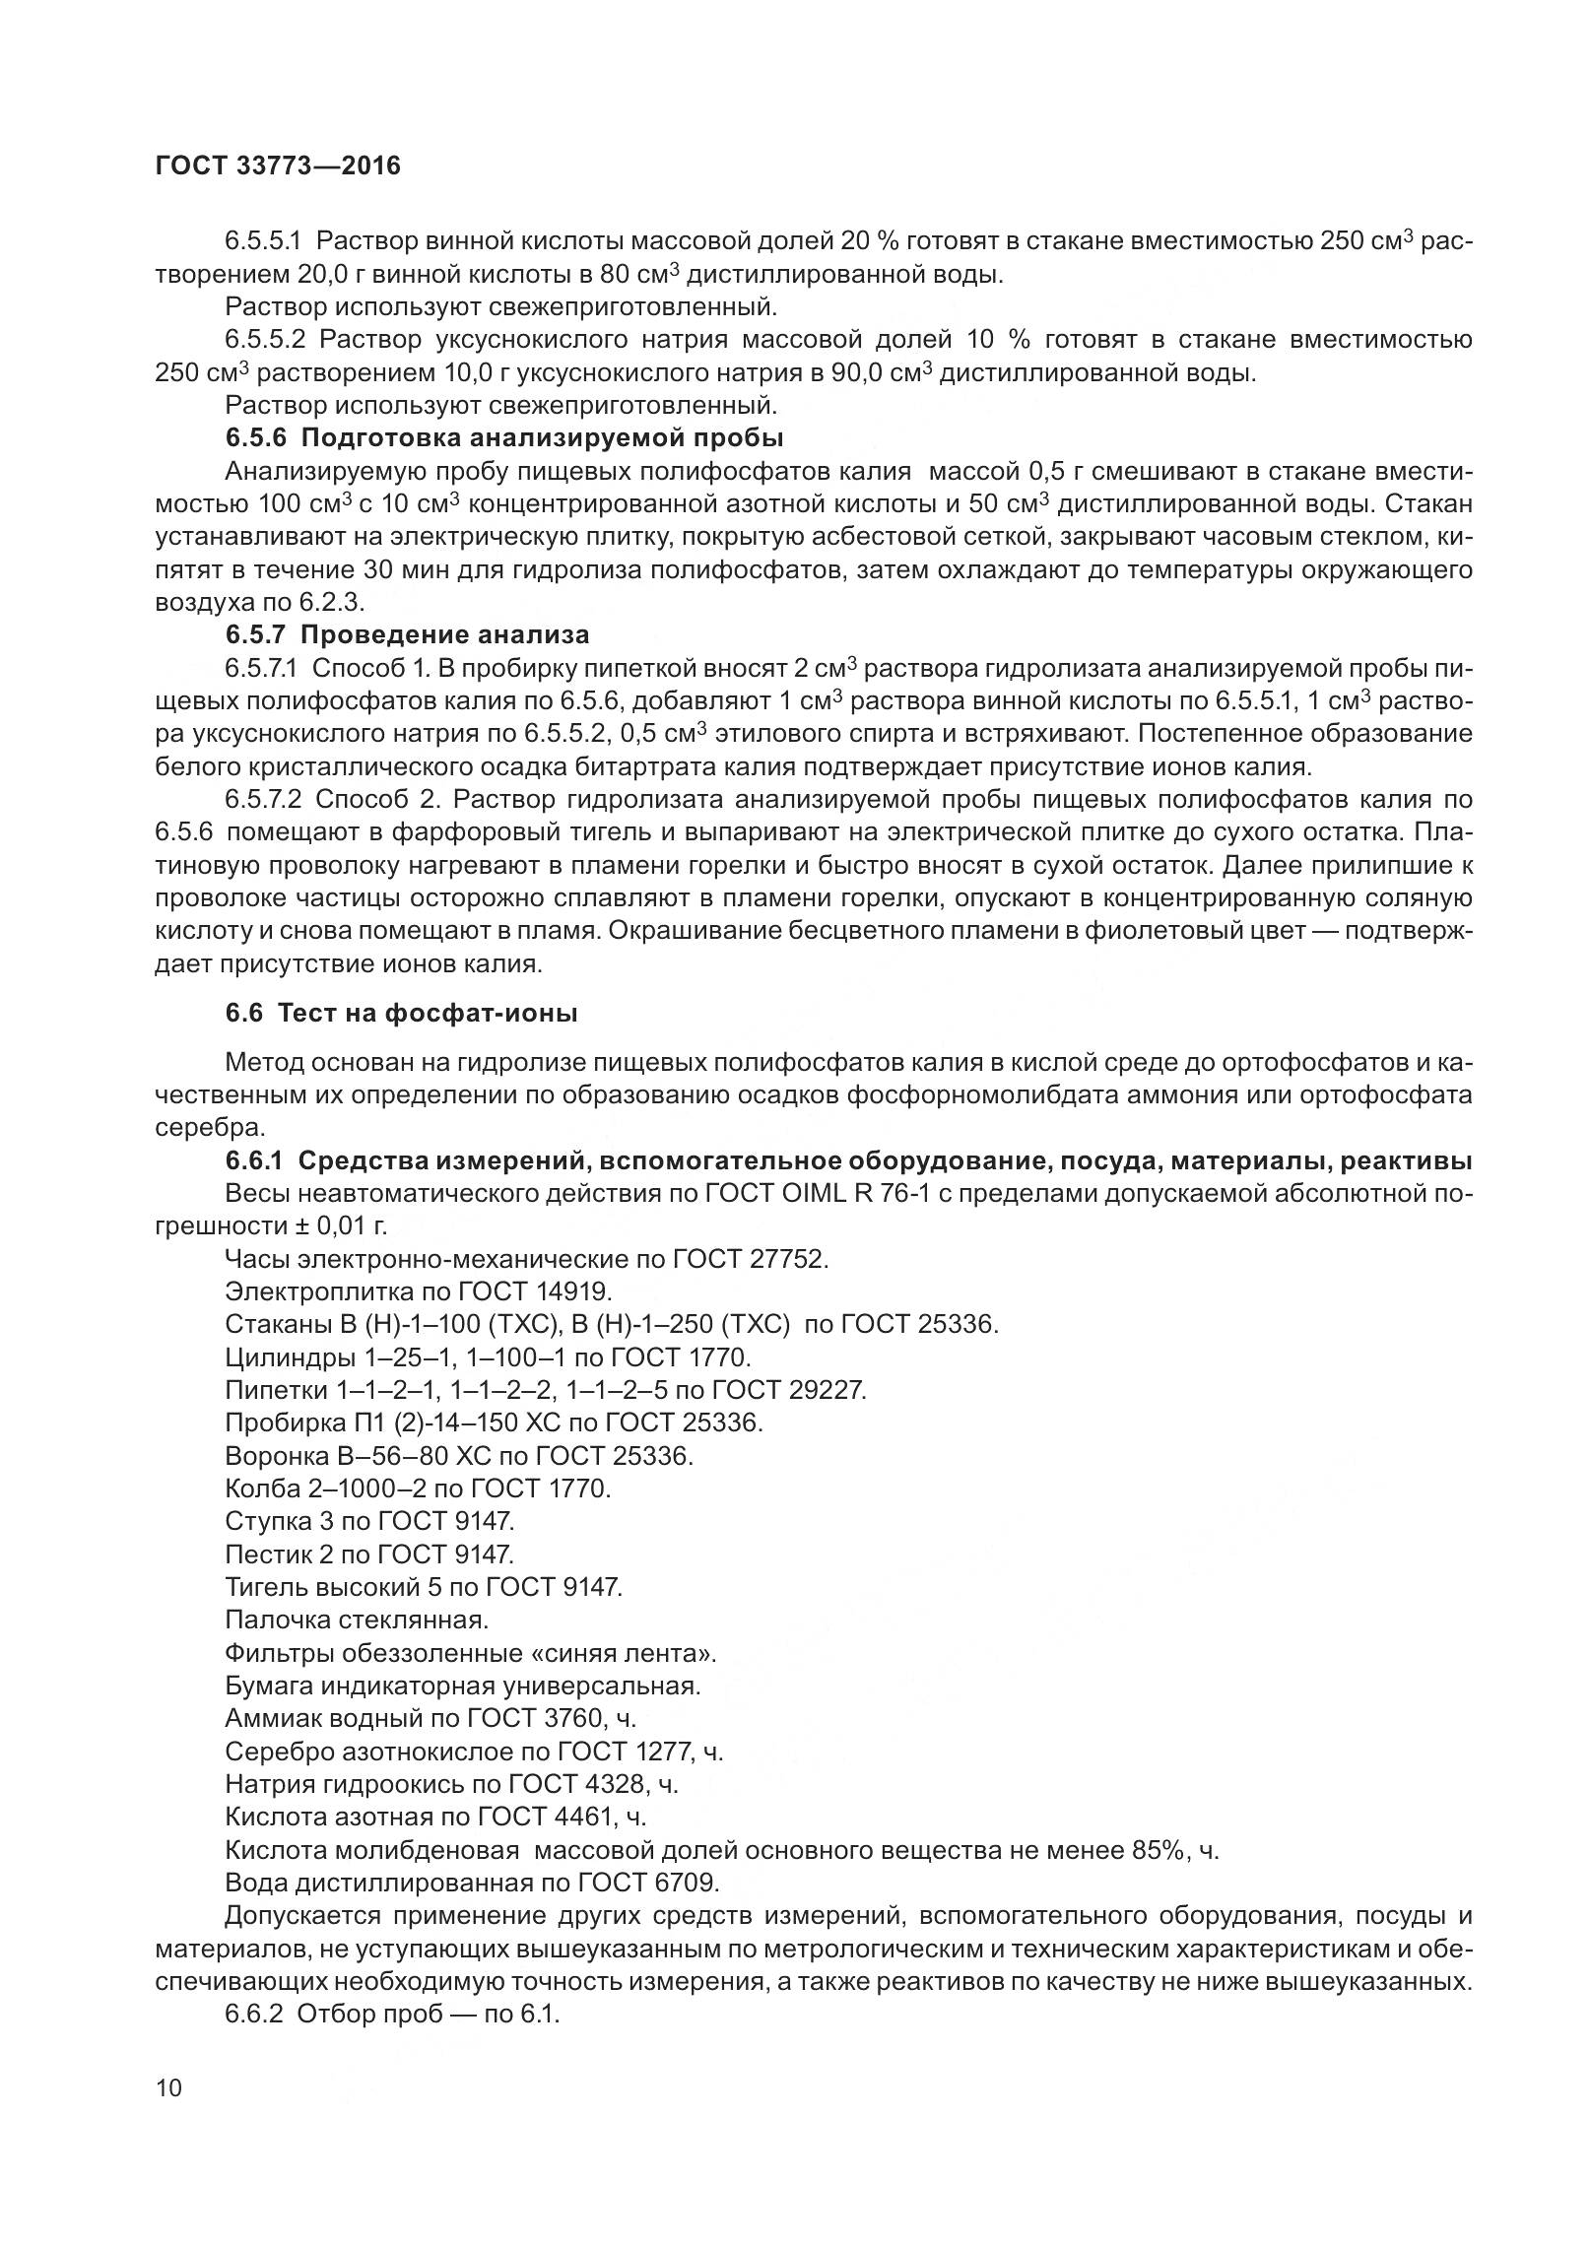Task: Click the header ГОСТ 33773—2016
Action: (278, 166)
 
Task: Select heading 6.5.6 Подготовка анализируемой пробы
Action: (504, 437)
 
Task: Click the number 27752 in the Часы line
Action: (785, 1259)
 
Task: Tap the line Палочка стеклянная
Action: (357, 1621)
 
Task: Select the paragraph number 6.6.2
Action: (254, 2015)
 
